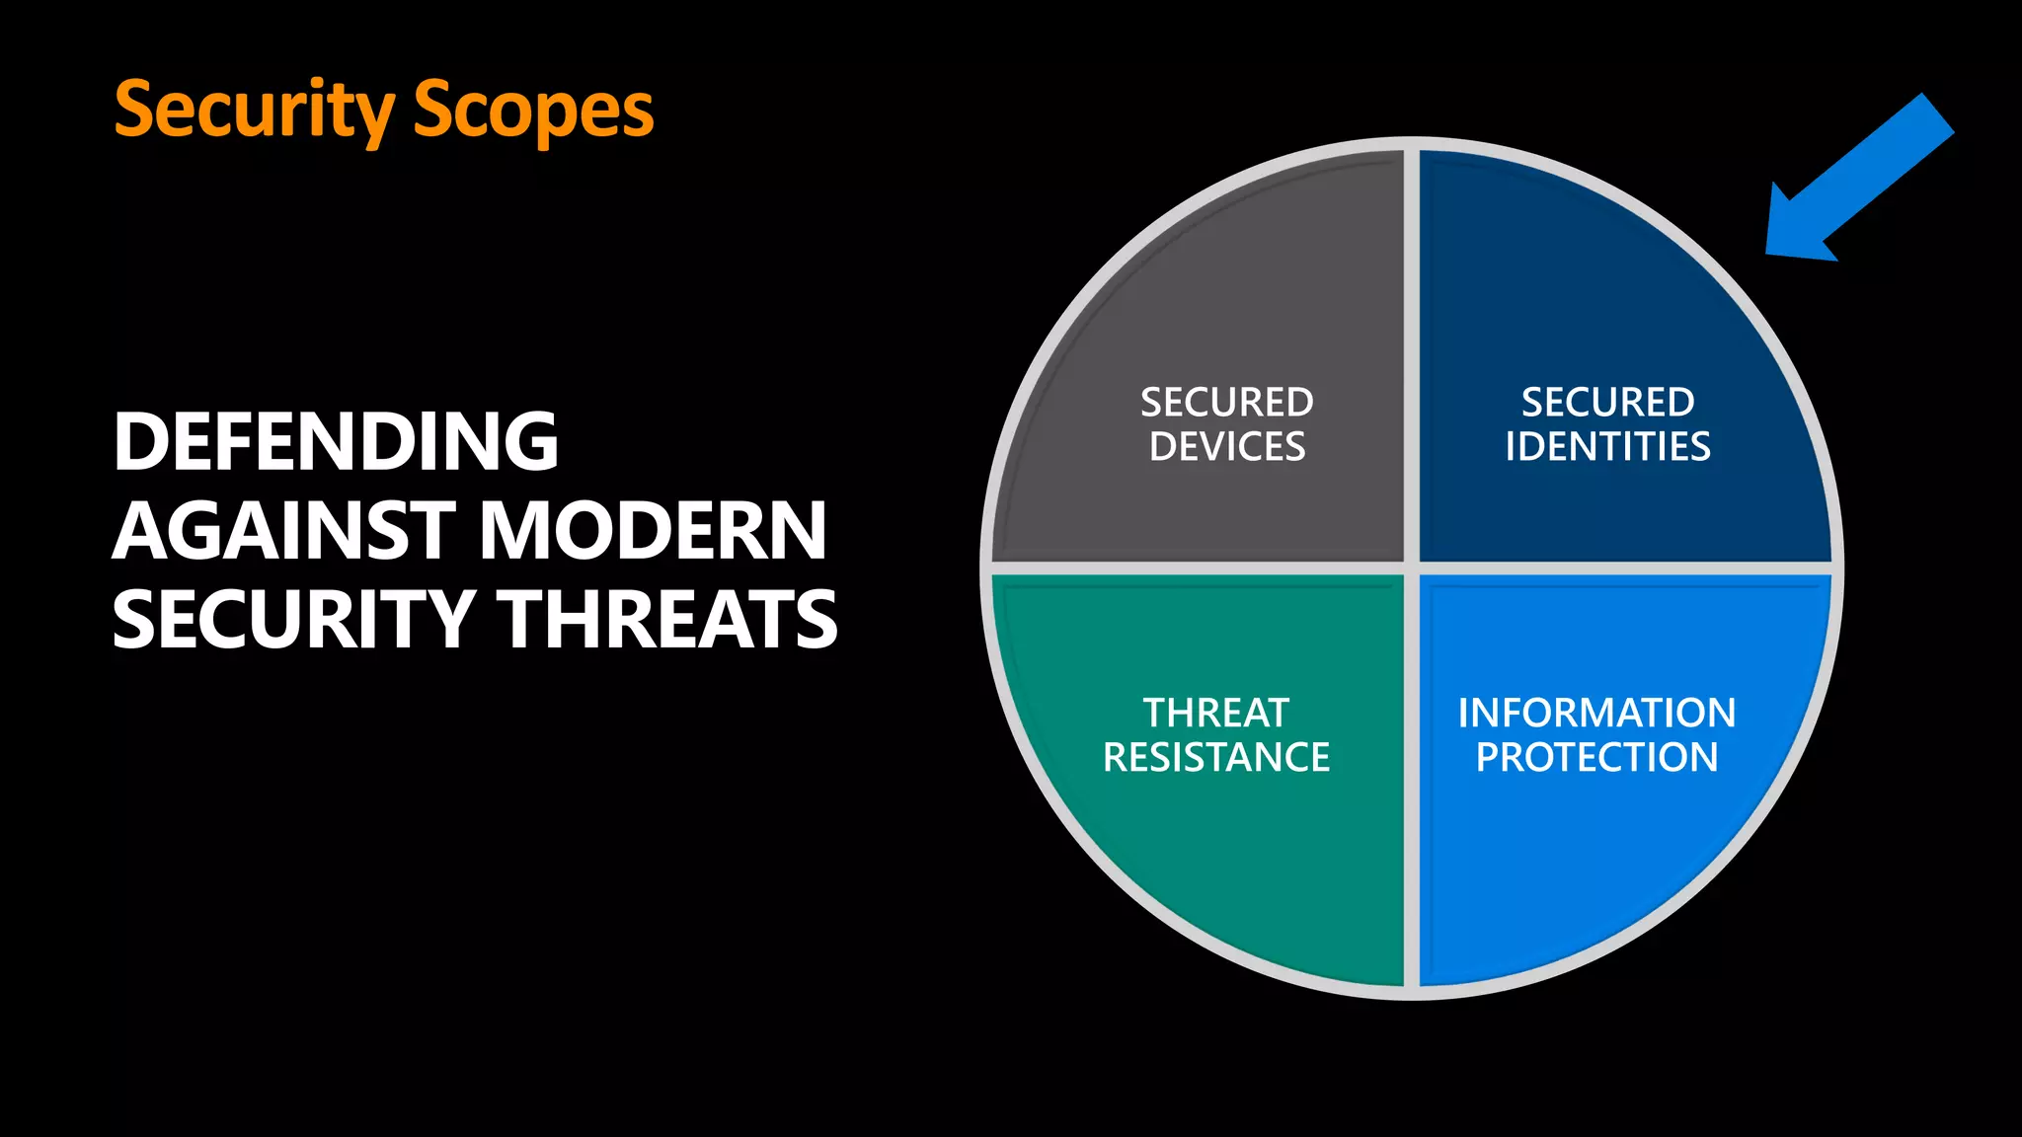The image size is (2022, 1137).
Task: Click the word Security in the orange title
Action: click(x=255, y=111)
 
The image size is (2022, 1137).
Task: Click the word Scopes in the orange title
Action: click(x=533, y=111)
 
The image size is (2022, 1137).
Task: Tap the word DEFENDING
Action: click(x=336, y=441)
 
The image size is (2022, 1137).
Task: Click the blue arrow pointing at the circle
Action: click(x=1866, y=178)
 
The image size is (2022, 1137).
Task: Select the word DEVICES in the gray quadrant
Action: click(x=1227, y=447)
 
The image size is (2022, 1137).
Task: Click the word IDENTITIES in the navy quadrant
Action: click(x=1607, y=447)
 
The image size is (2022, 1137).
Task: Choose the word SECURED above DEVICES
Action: click(x=1227, y=403)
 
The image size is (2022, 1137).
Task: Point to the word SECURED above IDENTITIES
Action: click(x=1607, y=403)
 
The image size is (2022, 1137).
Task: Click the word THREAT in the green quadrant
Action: click(x=1216, y=713)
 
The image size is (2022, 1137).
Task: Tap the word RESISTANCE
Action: click(x=1216, y=757)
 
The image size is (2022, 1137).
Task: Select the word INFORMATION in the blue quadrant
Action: click(x=1596, y=713)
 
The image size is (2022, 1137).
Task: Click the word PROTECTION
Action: click(x=1596, y=757)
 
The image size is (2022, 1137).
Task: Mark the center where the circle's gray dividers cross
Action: click(x=1412, y=568)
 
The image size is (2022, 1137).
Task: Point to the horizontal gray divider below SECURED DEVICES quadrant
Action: click(x=1200, y=568)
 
